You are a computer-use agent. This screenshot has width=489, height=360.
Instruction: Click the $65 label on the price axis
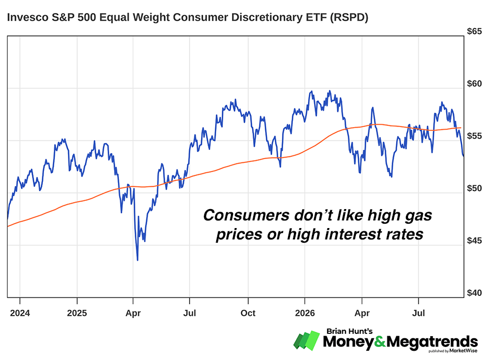click(474, 31)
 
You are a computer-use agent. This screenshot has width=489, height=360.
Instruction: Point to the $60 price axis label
click(474, 84)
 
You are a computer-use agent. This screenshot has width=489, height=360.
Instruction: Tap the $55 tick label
click(474, 136)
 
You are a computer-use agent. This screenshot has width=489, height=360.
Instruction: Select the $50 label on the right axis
click(474, 188)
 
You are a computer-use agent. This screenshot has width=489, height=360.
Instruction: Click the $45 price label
click(474, 241)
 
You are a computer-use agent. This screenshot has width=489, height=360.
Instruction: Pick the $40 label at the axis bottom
click(474, 293)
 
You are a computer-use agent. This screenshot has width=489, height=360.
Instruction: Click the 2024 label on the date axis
click(20, 313)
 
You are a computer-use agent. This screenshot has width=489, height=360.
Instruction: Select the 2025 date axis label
click(77, 313)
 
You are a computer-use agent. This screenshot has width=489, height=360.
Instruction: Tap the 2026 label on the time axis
click(305, 313)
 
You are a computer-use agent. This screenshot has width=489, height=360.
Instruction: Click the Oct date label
click(248, 313)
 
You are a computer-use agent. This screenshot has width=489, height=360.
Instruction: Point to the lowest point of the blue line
click(137, 260)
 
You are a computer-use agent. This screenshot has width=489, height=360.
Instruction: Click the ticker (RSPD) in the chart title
click(349, 17)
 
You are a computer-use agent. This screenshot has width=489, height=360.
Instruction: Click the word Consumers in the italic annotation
click(246, 215)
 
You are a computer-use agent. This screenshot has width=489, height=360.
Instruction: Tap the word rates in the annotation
click(405, 235)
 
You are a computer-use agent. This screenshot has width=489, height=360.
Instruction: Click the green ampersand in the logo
click(380, 342)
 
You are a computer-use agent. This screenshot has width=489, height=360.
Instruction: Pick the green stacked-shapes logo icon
click(307, 340)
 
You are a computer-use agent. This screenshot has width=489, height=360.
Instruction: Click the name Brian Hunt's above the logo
click(349, 331)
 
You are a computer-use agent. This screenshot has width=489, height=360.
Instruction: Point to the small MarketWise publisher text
click(463, 351)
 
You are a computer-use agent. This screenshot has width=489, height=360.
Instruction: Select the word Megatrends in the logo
click(432, 342)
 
